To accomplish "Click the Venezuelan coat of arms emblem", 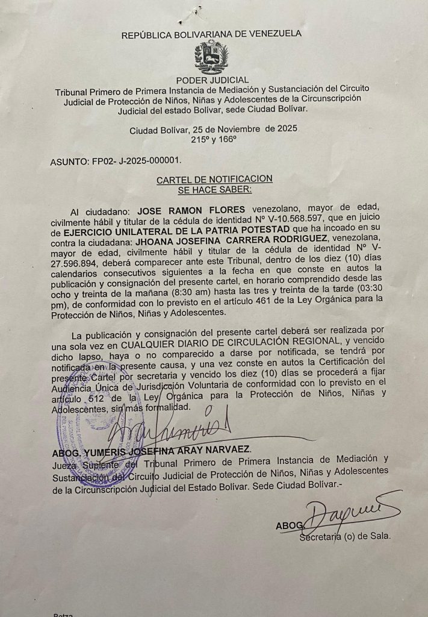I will (211, 57).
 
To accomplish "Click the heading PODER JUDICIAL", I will (212, 80).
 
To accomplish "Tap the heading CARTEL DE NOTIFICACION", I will (214, 179).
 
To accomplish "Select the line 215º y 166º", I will (214, 139).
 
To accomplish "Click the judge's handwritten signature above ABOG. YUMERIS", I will (175, 427).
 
